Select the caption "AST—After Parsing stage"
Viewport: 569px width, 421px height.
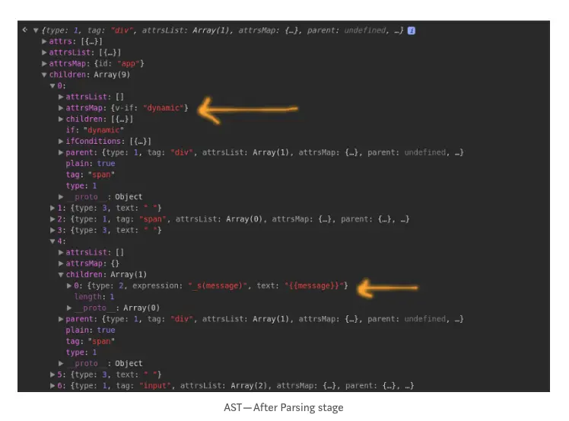[284, 407]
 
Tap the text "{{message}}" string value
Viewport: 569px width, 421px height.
[316, 285]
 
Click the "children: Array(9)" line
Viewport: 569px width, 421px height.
[86, 75]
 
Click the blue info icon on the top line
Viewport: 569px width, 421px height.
[412, 30]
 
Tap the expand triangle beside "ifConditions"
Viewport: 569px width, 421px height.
[61, 142]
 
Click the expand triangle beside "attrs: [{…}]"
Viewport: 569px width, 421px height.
[45, 42]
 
